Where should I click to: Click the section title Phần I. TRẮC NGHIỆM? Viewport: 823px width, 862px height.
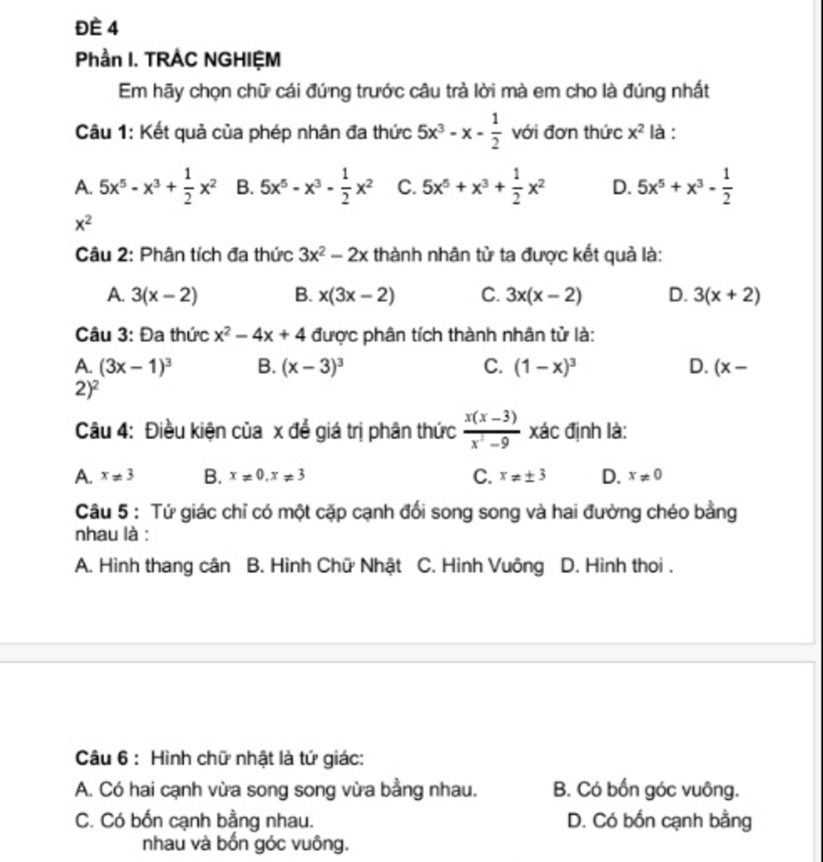click(178, 60)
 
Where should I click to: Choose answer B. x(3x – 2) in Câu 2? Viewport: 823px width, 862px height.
click(345, 296)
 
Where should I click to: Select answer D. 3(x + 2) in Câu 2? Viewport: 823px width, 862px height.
click(714, 296)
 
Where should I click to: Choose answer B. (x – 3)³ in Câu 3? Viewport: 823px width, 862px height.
click(301, 368)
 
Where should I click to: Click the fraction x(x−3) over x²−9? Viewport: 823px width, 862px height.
click(490, 430)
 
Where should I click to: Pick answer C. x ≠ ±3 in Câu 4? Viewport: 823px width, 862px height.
click(511, 476)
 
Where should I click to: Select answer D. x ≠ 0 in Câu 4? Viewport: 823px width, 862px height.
click(632, 476)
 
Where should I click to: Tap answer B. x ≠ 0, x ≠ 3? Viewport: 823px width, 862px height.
click(255, 476)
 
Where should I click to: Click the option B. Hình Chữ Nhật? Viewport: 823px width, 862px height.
click(324, 565)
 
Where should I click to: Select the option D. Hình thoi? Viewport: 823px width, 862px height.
click(615, 565)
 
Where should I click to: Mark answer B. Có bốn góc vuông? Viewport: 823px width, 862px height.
click(646, 790)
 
